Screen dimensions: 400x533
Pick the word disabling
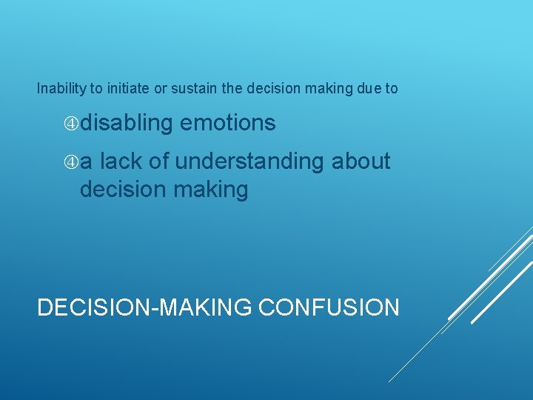click(x=126, y=124)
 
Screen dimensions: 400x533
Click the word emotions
click(x=227, y=123)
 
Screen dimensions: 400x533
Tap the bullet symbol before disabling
click(x=72, y=124)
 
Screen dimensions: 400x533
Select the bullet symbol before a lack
click(x=72, y=161)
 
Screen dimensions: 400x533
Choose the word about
click(x=361, y=161)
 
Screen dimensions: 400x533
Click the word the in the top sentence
click(x=232, y=89)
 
